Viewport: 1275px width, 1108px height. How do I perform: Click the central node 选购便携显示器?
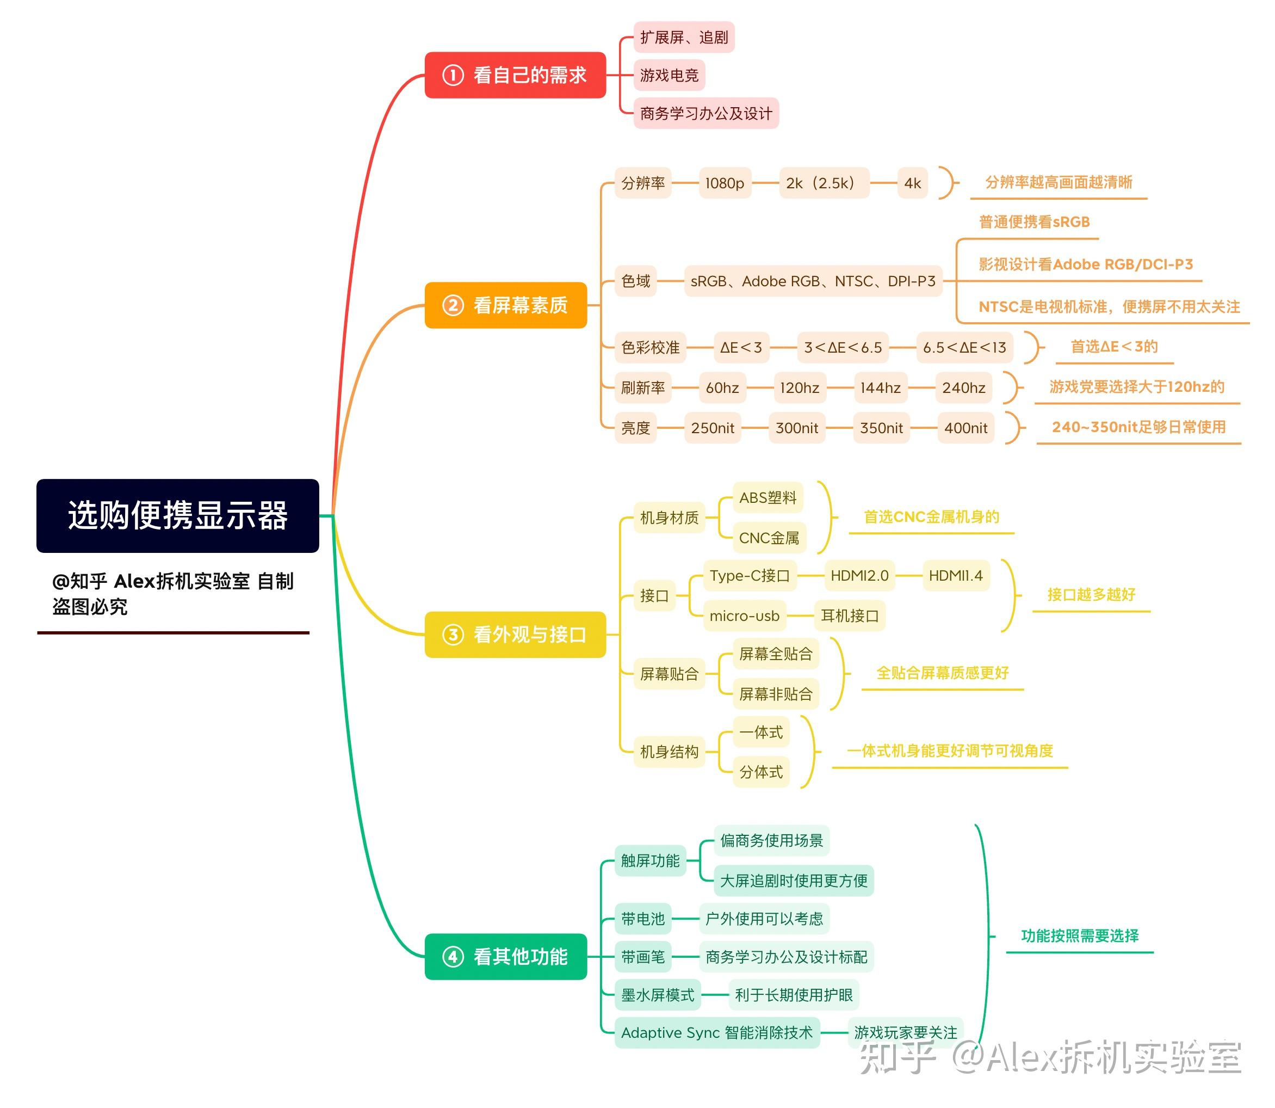tap(177, 516)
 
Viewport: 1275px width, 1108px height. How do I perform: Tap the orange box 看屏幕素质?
tap(505, 305)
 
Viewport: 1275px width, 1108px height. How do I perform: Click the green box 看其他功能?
tap(505, 957)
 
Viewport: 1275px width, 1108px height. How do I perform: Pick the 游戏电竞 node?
tap(670, 76)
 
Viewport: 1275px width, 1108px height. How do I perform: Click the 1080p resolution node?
tap(725, 183)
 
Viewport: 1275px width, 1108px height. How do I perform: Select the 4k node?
tap(912, 183)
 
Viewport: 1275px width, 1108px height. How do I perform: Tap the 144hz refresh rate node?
tap(880, 387)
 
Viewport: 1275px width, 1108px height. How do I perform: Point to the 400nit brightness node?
tap(965, 428)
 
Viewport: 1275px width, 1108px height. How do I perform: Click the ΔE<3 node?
tap(740, 348)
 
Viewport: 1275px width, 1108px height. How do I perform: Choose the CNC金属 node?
tap(769, 538)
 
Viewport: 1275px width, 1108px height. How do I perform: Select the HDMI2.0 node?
tap(859, 576)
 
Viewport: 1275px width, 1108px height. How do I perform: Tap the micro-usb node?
tap(744, 616)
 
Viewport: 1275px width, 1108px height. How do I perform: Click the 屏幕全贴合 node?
tap(776, 654)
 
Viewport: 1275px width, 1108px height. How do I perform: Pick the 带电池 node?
tap(643, 919)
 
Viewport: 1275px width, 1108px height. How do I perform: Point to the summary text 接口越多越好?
tap(1091, 595)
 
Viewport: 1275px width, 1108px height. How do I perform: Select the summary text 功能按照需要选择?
tap(1079, 936)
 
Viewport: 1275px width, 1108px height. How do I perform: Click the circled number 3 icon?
tap(453, 635)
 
